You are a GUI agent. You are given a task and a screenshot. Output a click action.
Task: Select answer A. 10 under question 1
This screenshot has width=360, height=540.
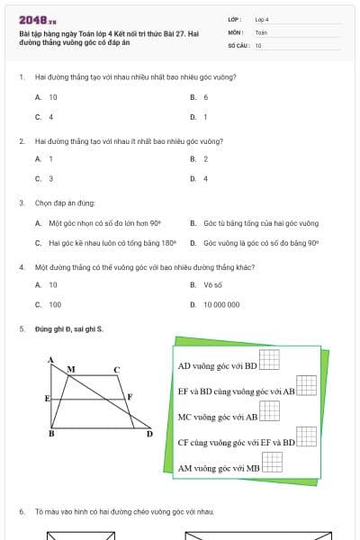[x=47, y=97]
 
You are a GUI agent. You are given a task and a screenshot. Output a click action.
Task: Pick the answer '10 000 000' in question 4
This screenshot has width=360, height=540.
[x=216, y=305]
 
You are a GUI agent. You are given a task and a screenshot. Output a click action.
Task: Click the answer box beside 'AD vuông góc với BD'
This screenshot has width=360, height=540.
[x=270, y=359]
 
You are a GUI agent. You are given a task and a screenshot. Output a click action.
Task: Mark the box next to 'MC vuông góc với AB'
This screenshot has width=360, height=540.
[x=270, y=410]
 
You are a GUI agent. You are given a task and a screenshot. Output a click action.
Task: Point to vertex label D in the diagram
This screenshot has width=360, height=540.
[x=149, y=435]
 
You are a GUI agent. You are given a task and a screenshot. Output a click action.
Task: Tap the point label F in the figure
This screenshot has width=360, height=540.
[x=130, y=396]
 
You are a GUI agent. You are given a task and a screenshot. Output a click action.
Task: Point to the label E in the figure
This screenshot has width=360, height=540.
[x=47, y=397]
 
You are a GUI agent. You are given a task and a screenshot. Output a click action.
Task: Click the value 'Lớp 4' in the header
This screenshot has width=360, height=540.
[x=262, y=19]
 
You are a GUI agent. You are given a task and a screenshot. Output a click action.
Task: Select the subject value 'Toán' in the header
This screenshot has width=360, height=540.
[x=261, y=31]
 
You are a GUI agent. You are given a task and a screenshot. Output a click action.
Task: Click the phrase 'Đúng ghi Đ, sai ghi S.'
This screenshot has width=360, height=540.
[x=69, y=329]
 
